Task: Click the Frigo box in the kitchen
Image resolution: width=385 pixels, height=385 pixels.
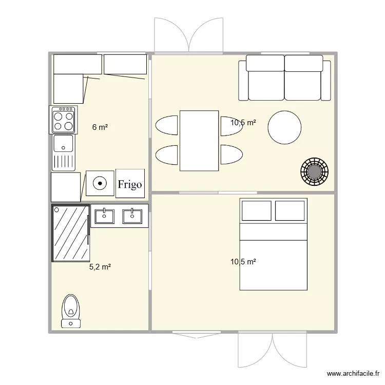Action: point(130,183)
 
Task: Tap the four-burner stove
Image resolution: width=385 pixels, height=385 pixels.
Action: point(63,120)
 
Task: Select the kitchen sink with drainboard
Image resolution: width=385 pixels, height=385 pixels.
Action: point(64,152)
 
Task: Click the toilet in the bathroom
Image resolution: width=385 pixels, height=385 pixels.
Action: point(71,310)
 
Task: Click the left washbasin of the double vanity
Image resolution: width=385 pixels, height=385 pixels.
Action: point(105,216)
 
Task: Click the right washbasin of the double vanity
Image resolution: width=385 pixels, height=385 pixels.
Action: point(132,216)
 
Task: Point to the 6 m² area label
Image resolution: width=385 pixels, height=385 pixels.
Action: point(100,127)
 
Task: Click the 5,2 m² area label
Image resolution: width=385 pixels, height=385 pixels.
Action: point(100,267)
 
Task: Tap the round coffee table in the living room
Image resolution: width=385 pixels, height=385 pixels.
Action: point(284,128)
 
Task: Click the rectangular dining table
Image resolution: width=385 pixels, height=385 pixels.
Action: point(199,141)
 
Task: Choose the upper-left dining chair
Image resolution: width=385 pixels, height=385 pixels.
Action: point(166,126)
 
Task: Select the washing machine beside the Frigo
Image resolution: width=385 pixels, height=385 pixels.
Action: point(100,182)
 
